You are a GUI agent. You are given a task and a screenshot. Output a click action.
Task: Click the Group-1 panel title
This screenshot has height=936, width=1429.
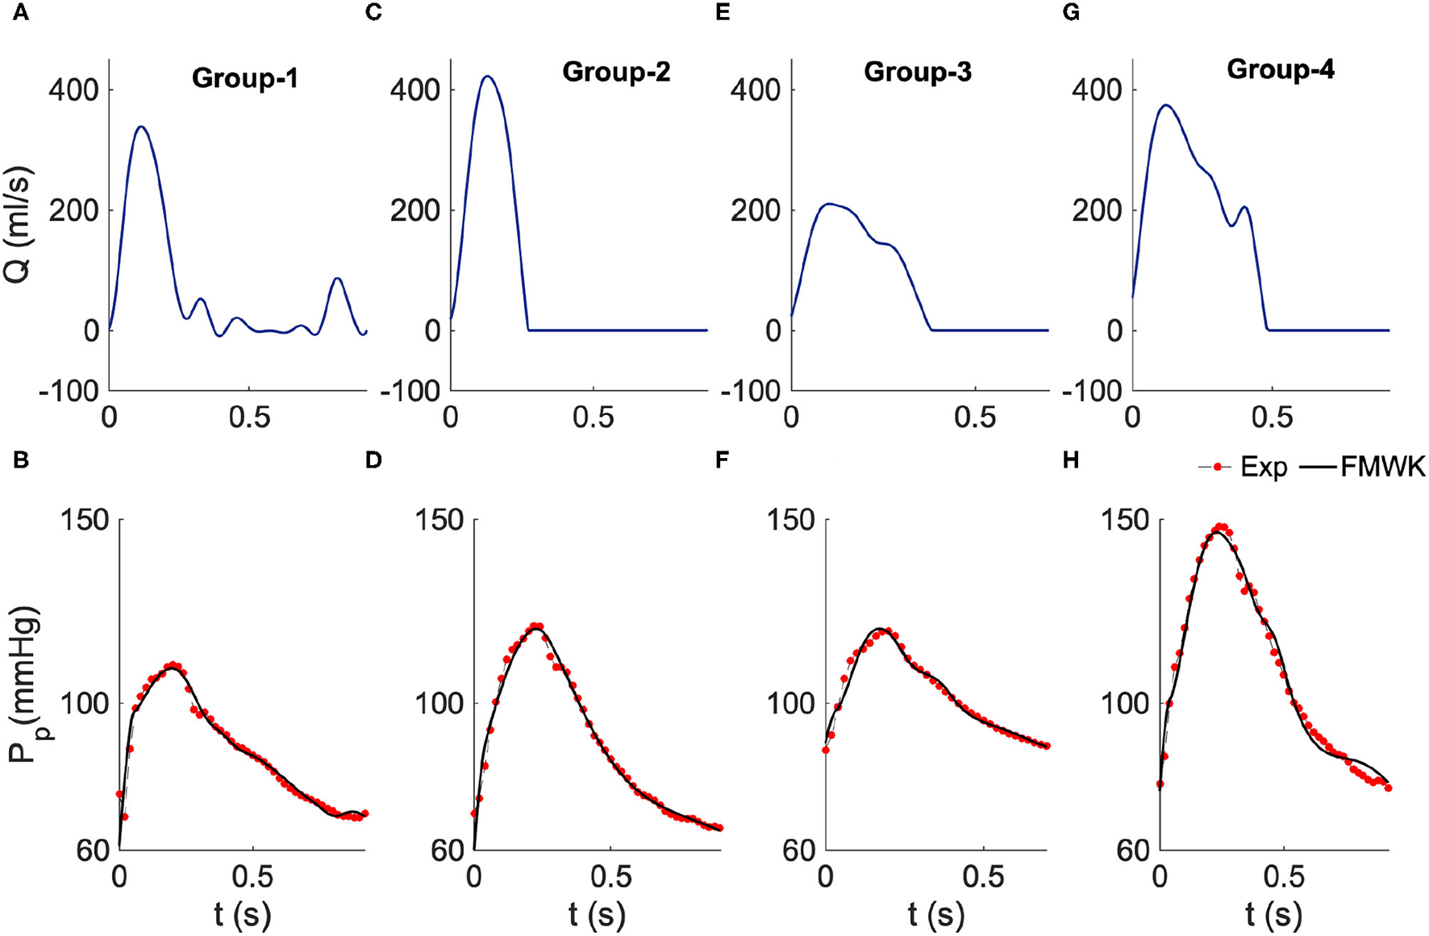[244, 78]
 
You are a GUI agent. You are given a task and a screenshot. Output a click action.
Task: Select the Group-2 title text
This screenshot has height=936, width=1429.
[615, 72]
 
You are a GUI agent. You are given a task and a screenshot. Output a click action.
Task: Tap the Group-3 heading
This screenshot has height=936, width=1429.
[917, 72]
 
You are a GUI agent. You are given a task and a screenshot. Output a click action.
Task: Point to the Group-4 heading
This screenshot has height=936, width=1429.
[1280, 69]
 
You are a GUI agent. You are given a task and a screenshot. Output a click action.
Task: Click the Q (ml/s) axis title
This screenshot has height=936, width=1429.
[18, 224]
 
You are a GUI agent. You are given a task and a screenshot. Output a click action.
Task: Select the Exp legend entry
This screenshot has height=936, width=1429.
[1246, 467]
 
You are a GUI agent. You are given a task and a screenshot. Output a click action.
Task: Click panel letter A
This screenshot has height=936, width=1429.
[21, 14]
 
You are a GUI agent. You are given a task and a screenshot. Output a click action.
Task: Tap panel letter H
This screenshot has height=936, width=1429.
[1071, 460]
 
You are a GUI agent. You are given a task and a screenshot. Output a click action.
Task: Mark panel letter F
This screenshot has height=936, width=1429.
[722, 460]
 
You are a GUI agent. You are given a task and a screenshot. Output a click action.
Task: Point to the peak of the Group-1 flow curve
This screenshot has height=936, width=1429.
[142, 127]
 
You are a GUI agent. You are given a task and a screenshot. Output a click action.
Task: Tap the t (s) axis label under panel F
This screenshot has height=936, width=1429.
[935, 914]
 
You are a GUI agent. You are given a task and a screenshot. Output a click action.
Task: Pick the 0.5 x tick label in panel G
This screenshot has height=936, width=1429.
[1272, 417]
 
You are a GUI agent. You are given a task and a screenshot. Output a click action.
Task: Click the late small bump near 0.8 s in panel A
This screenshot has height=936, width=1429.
[337, 279]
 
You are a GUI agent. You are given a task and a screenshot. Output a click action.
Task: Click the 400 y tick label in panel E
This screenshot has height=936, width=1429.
[756, 89]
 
